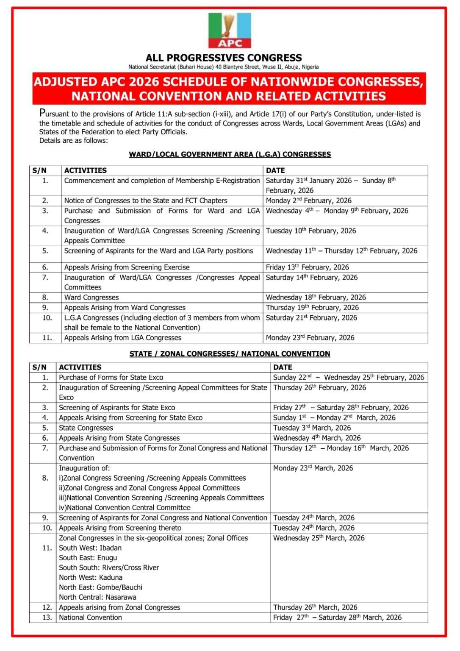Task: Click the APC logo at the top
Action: pos(230,31)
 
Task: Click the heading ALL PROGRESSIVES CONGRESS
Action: pos(224,58)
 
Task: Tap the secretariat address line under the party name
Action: pos(224,67)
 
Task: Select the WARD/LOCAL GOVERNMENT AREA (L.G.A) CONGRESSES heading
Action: pos(230,154)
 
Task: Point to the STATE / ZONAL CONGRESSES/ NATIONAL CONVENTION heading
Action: pos(230,354)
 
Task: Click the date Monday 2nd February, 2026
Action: pos(308,200)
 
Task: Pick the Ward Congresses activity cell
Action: pos(91,298)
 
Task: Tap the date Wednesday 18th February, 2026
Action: pos(316,298)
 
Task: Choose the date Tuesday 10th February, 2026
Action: pos(311,231)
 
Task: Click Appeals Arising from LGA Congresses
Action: pos(123,338)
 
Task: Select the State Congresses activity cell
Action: pos(86,428)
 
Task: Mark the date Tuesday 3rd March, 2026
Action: pos(312,428)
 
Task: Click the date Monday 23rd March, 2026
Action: pos(313,468)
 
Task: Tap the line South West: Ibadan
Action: pos(90,548)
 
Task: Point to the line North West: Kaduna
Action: pos(91,578)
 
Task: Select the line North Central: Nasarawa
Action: pos(97,598)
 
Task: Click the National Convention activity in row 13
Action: pos(90,618)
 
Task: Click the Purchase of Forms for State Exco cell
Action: pos(111,378)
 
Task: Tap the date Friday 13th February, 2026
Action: pos(307,267)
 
